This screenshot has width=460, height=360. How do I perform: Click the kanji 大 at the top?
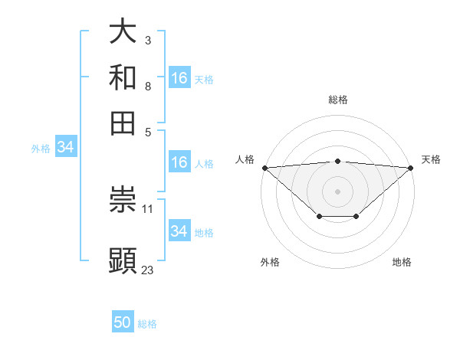point(123,31)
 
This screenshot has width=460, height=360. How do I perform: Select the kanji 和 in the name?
point(123,77)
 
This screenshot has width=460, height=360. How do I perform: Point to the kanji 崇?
point(123,201)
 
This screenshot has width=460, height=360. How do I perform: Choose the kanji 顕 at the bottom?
point(123,260)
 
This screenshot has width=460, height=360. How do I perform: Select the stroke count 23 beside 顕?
point(148,269)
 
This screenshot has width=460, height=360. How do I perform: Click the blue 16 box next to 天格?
point(179,78)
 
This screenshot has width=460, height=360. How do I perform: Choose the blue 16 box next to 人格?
point(179,162)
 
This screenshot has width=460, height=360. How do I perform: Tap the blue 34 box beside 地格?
point(179,231)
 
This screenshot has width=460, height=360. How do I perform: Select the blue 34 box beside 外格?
point(65,147)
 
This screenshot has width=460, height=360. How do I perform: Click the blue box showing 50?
point(123,322)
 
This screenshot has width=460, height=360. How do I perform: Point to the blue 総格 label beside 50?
point(147,324)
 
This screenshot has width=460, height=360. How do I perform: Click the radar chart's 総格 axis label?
point(338,100)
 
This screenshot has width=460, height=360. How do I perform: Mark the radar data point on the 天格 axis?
point(411,167)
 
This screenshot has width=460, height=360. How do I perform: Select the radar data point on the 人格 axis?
point(264,167)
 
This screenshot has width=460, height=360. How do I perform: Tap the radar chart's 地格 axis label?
point(402,262)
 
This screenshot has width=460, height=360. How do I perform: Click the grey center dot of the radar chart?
point(338,191)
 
